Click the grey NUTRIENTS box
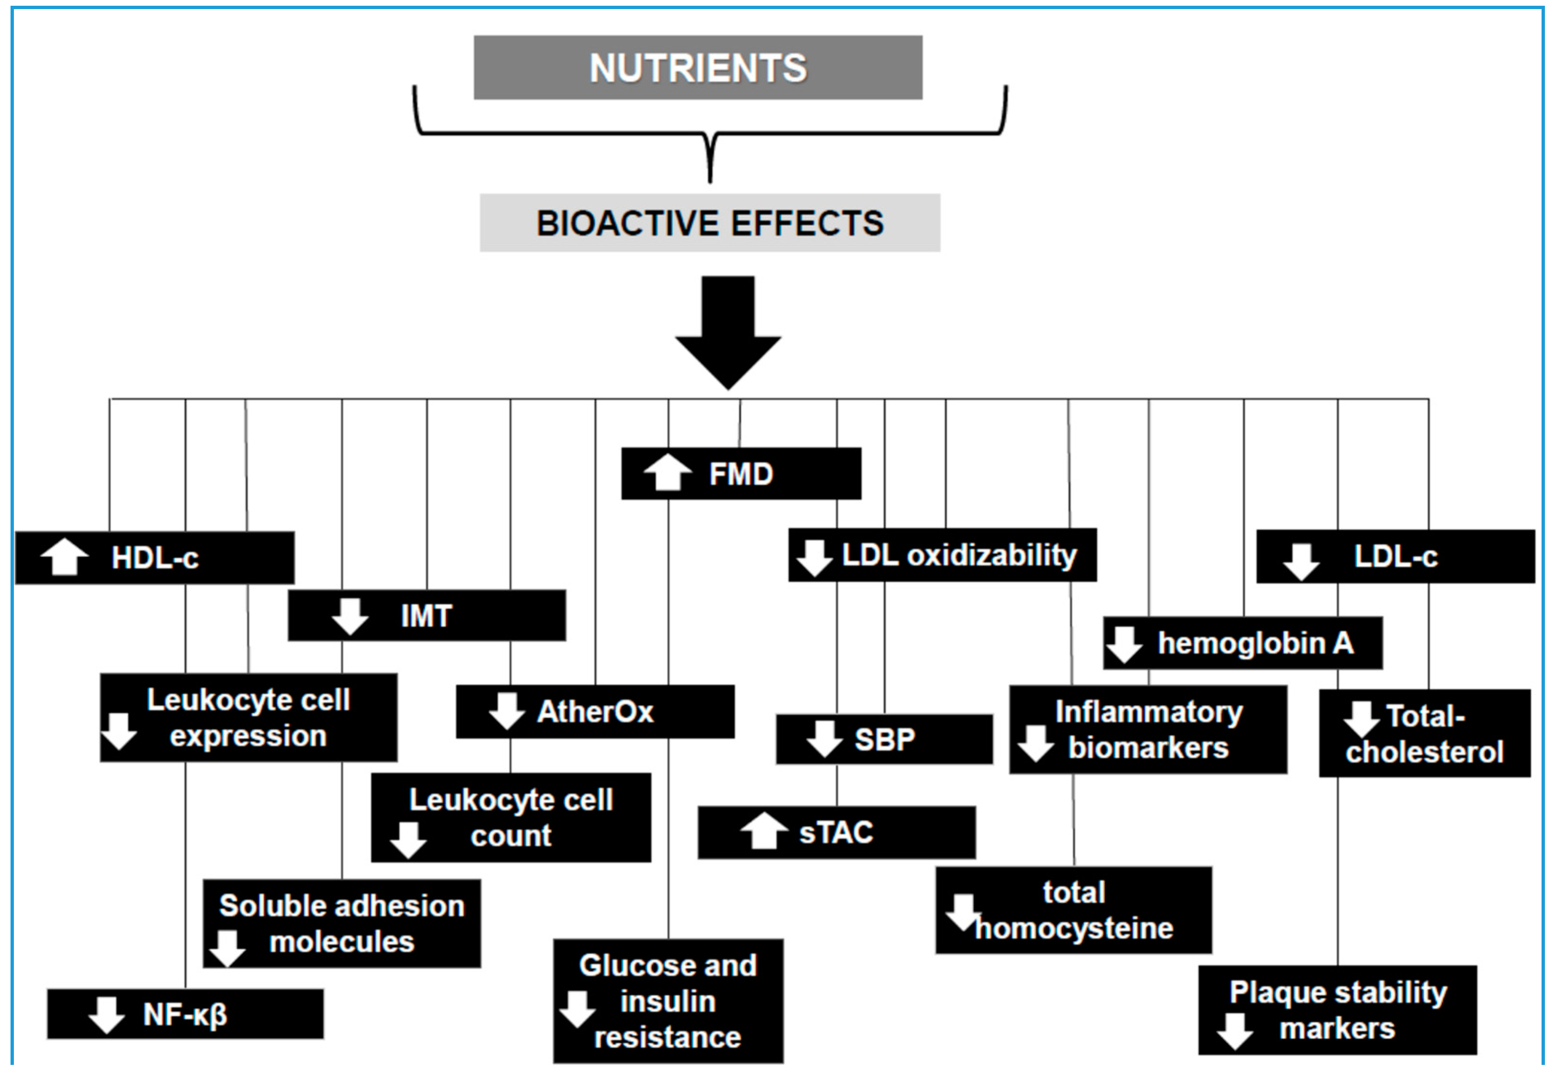[698, 68]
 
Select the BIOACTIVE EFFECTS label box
[709, 223]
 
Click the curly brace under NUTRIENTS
[709, 135]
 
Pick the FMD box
[741, 474]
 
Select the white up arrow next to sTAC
[764, 832]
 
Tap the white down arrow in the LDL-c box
[1300, 561]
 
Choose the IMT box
[427, 616]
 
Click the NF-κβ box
[185, 1014]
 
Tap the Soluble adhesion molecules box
[342, 923]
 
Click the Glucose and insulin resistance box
[668, 1001]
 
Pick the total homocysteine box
[1074, 910]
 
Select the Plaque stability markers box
[1338, 1010]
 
